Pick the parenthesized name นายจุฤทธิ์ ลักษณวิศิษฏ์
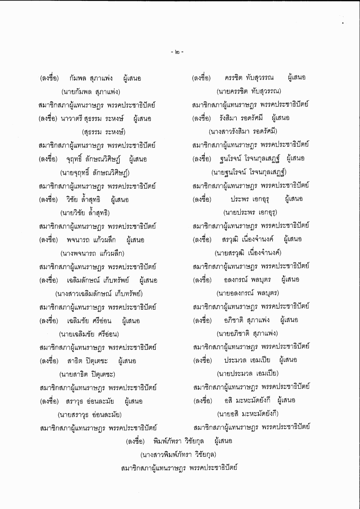coord(94,172)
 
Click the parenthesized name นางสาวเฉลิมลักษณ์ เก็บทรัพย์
coord(96,293)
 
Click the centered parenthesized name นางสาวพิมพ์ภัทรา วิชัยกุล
coord(179,455)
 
